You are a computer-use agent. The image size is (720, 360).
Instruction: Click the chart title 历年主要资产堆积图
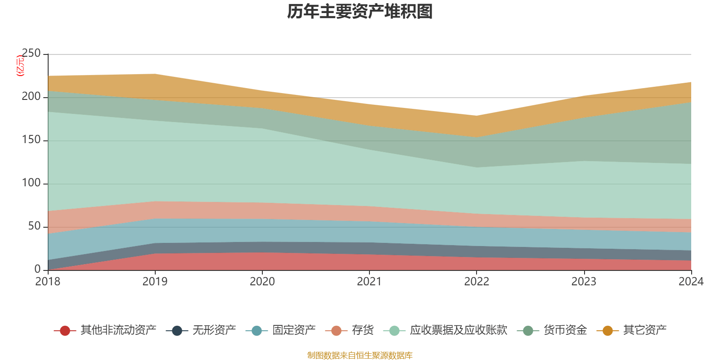(x=360, y=12)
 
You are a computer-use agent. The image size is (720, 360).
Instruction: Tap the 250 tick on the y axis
(x=31, y=54)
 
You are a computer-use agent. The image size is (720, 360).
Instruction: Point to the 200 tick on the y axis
(x=31, y=97)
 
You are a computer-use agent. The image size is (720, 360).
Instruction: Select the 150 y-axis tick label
(x=31, y=140)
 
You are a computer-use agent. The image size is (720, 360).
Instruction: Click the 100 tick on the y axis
(x=31, y=183)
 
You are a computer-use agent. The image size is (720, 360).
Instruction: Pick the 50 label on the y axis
(x=34, y=226)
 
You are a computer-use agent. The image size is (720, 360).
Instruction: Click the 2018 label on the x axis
(x=48, y=282)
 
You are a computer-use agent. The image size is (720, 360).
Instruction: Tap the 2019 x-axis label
(x=155, y=282)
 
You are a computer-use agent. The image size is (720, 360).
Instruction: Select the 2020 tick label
(x=262, y=282)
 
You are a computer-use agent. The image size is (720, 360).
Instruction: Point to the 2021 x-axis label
(x=369, y=282)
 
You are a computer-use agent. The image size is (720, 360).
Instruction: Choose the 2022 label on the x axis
(x=477, y=282)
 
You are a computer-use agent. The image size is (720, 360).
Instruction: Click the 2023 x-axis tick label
(x=584, y=282)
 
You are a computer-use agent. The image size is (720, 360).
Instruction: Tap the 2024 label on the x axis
(x=691, y=282)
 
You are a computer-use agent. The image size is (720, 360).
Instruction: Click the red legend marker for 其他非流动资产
(x=65, y=331)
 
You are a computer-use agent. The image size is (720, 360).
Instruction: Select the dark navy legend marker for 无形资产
(x=177, y=331)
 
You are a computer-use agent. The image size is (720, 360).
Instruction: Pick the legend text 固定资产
(x=294, y=330)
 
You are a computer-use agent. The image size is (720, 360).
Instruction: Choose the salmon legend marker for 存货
(x=336, y=331)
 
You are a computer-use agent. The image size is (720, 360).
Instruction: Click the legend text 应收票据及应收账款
(x=458, y=330)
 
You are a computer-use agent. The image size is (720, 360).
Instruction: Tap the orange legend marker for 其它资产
(x=607, y=331)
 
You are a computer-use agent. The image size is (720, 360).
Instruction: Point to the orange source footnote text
(x=360, y=355)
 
